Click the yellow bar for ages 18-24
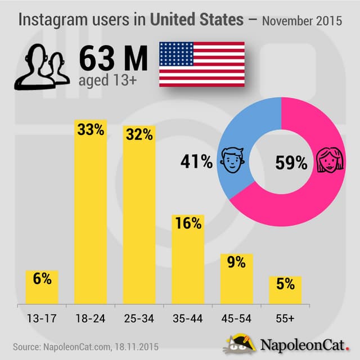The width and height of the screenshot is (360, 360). point(91,214)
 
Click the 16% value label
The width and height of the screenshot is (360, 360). point(187,223)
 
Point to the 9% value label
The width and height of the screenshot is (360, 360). point(236,262)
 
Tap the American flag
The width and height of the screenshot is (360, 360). point(201,64)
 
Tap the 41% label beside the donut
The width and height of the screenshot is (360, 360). point(197,163)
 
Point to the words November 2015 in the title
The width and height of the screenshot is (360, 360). point(303,21)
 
